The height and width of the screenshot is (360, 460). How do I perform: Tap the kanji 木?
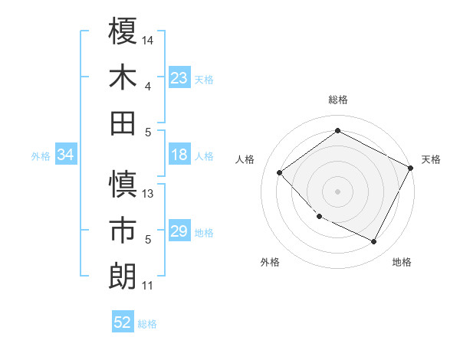pyautogui.click(x=123, y=77)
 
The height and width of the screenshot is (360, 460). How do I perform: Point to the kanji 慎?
pyautogui.click(x=123, y=184)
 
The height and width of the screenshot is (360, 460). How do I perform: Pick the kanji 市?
pyautogui.click(x=123, y=230)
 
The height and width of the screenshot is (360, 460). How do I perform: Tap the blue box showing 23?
pyautogui.click(x=179, y=78)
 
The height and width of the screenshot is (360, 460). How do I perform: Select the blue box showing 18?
pyautogui.click(x=179, y=155)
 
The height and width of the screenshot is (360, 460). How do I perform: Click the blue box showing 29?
pyautogui.click(x=179, y=232)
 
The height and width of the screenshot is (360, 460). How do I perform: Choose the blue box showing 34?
pyautogui.click(x=65, y=155)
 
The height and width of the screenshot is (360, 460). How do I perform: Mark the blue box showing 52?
pyautogui.click(x=123, y=323)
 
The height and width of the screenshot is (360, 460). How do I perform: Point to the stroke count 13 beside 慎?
pyautogui.click(x=149, y=193)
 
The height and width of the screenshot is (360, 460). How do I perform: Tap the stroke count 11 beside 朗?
pyautogui.click(x=148, y=286)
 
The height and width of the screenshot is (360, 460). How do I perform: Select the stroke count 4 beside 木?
pyautogui.click(x=148, y=86)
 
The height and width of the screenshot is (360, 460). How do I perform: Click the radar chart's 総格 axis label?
pyautogui.click(x=338, y=100)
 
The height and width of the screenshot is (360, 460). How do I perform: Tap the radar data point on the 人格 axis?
pyautogui.click(x=280, y=173)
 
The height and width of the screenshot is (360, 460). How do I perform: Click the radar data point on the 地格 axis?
pyautogui.click(x=374, y=242)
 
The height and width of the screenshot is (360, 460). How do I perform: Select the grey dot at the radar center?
pyautogui.click(x=338, y=191)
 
